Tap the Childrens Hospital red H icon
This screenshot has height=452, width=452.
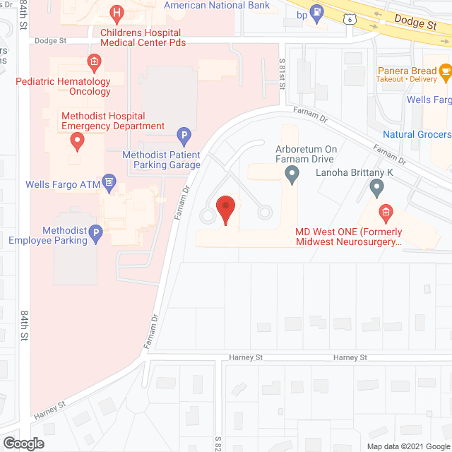tap(117, 12)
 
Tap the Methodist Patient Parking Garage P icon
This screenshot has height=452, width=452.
tap(183, 133)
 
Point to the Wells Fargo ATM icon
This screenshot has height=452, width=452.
tap(108, 185)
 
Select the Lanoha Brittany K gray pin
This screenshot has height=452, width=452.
tap(376, 187)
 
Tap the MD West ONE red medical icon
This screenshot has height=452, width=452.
tap(385, 211)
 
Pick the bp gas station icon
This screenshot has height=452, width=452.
tap(318, 12)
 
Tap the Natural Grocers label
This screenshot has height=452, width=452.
tap(417, 134)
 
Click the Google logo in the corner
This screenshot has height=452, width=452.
tap(23, 443)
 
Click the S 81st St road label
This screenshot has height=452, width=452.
tap(282, 74)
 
